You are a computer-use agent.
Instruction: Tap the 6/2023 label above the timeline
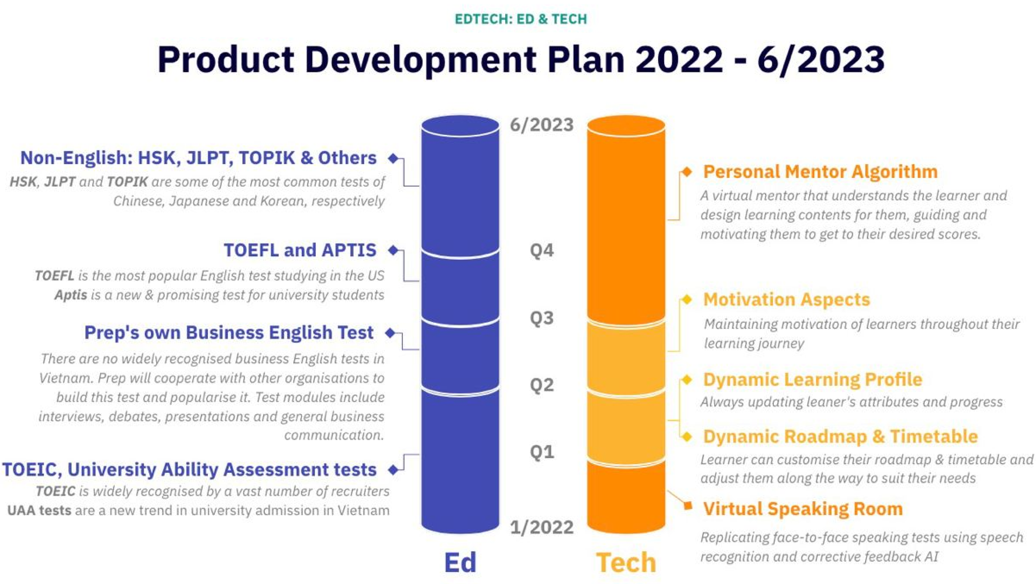(x=541, y=125)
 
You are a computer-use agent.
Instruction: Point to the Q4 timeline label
(x=541, y=251)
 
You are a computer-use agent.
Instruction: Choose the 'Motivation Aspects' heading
(x=786, y=299)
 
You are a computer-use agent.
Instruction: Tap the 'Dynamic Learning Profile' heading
(x=812, y=379)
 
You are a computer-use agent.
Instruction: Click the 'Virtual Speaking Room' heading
(x=803, y=509)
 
